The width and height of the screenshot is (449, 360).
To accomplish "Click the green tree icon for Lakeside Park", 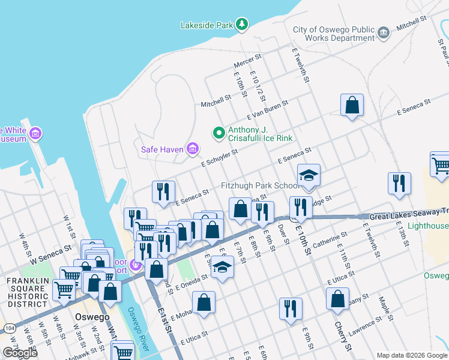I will point(241,25).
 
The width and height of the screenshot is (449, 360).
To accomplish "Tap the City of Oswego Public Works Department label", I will point(333,34).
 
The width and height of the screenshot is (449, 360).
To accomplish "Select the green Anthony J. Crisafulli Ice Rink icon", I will point(219,133).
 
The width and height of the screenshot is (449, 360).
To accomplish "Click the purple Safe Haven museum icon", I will point(193,149).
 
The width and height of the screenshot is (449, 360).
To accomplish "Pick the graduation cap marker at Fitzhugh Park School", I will point(309,175).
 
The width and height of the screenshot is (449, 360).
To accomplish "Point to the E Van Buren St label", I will point(272,112).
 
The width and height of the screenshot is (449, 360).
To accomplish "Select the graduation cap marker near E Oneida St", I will point(222,267).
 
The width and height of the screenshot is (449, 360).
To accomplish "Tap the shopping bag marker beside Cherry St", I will point(338,298).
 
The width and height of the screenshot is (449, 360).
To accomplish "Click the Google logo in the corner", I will point(20,353).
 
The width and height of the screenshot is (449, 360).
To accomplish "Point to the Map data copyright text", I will point(411,355).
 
